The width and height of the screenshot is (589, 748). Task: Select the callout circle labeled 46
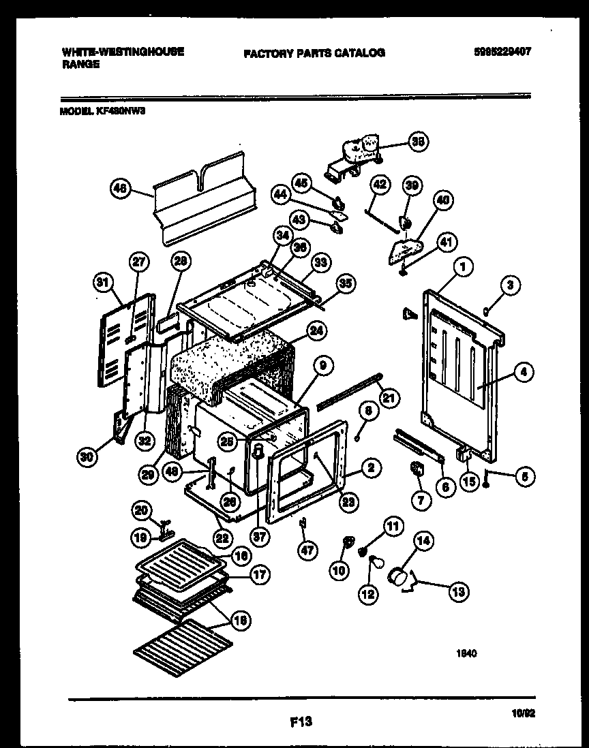coord(120,191)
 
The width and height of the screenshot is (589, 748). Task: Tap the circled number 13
coord(458,592)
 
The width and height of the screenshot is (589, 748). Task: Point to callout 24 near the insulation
coord(316,330)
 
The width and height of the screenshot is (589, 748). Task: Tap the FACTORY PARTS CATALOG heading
coord(314,52)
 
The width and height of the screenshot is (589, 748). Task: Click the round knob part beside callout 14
coord(398,577)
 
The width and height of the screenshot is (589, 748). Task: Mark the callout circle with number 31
coord(103,281)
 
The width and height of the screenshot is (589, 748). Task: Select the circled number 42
coord(380,185)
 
